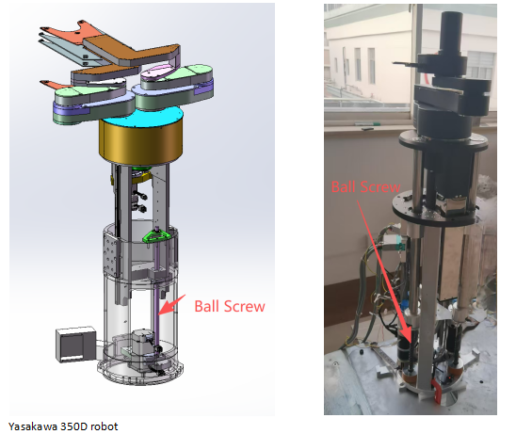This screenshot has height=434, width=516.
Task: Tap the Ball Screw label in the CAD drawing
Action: [229, 306]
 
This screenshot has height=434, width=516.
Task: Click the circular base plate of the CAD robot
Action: [141, 372]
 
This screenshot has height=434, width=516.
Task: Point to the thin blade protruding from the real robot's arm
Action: [400, 65]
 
